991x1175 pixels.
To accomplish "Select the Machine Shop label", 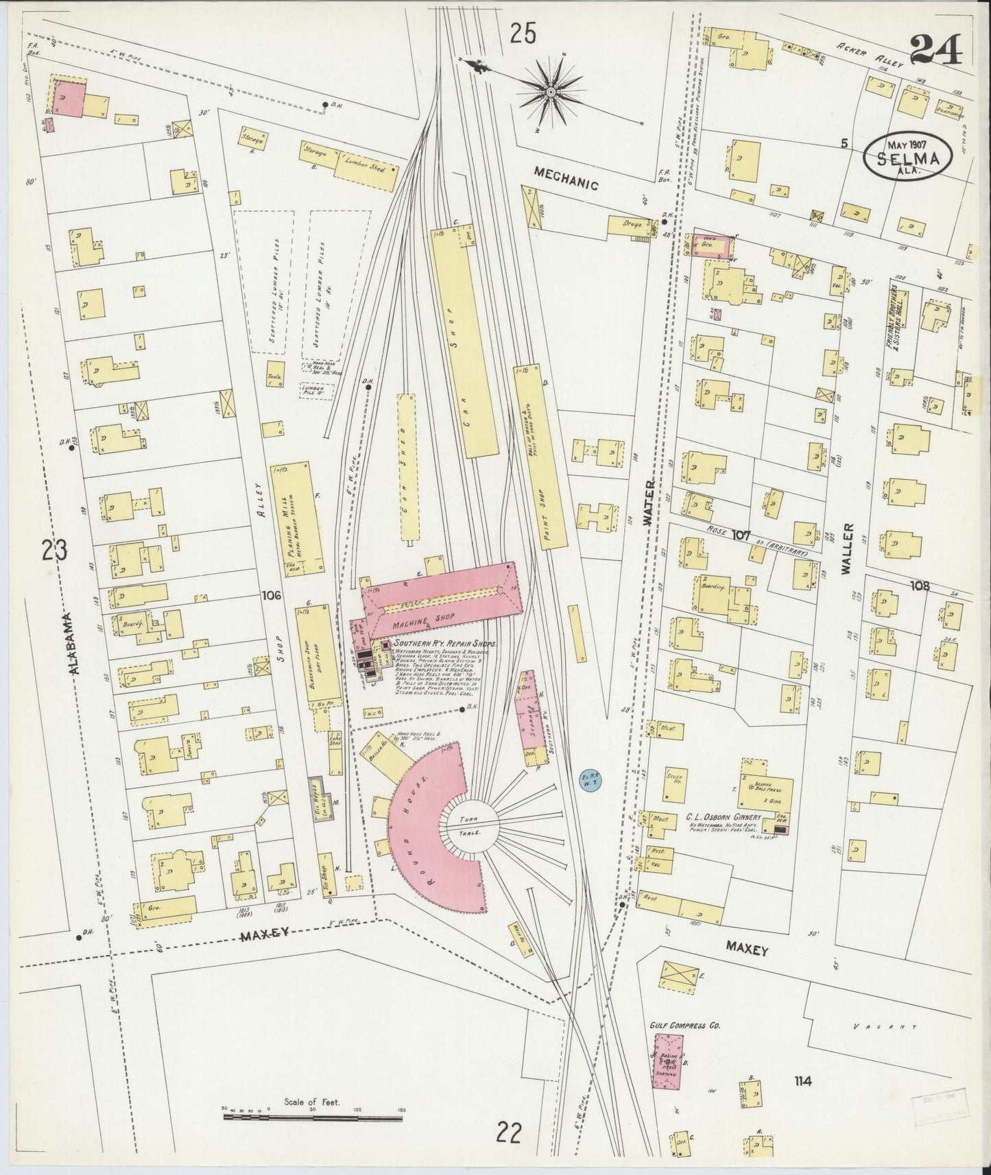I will [425, 622].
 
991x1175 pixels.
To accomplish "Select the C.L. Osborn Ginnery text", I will [723, 817].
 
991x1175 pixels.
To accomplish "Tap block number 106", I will [272, 596].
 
